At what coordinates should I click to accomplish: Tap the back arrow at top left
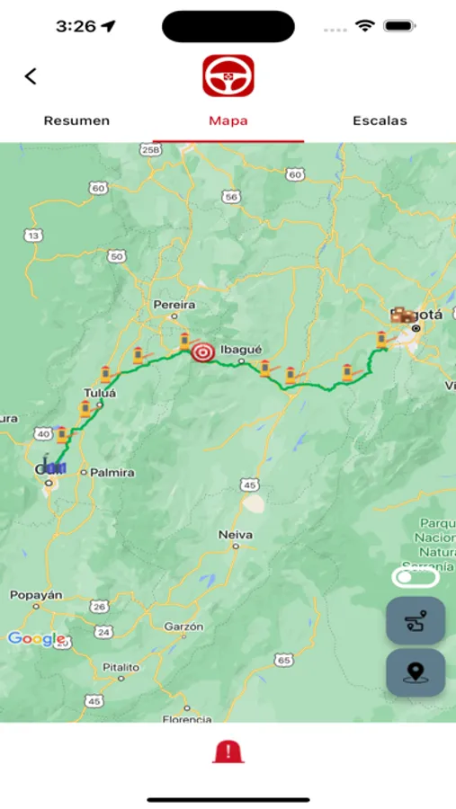pos(31,76)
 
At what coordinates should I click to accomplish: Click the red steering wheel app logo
pos(228,76)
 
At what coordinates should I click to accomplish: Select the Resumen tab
pos(76,120)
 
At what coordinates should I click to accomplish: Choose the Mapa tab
pos(228,120)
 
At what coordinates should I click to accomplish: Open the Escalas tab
pos(380,120)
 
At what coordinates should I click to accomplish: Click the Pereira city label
pos(174,305)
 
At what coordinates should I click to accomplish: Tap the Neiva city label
pos(236,535)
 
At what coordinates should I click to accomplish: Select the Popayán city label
pos(36,595)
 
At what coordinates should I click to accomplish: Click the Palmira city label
pos(112,472)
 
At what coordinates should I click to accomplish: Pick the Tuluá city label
pos(95,393)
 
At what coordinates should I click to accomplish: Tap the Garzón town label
pos(183,626)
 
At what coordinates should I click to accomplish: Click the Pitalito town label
pos(121,667)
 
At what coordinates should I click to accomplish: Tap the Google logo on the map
pos(37,639)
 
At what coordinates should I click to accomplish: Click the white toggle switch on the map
pos(415,578)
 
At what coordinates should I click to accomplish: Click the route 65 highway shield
pos(285,661)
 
